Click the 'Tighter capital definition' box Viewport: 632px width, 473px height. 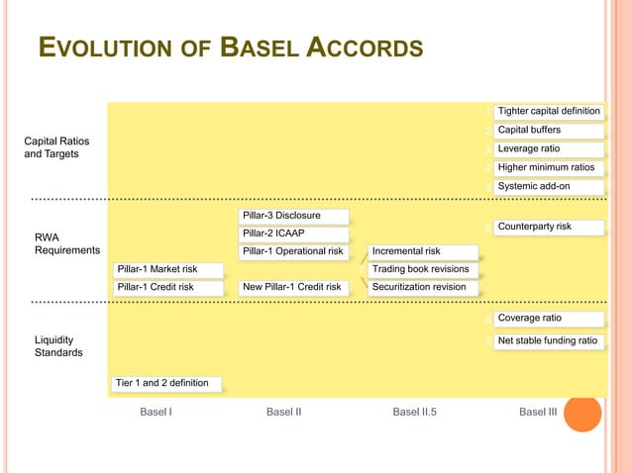coord(549,111)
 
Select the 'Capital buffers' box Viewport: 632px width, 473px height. coord(549,130)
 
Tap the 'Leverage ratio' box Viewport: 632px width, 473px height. coord(549,148)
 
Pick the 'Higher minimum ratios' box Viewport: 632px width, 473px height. coord(549,167)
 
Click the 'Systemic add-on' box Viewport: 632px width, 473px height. coord(549,186)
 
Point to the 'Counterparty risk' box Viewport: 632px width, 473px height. coord(549,227)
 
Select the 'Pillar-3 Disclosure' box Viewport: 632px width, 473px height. coord(294,216)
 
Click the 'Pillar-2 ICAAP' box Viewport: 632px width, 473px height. coord(294,234)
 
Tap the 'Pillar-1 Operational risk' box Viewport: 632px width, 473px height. coord(294,251)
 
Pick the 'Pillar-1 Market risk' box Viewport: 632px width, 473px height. coord(166,269)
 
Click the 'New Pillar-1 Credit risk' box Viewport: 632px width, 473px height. coord(294,287)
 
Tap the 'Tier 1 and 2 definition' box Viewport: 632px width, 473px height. coord(166,383)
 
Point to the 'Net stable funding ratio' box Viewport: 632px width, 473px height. coord(549,340)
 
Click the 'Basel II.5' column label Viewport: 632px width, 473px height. coord(414,413)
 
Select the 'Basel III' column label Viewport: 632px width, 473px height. coord(538,413)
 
